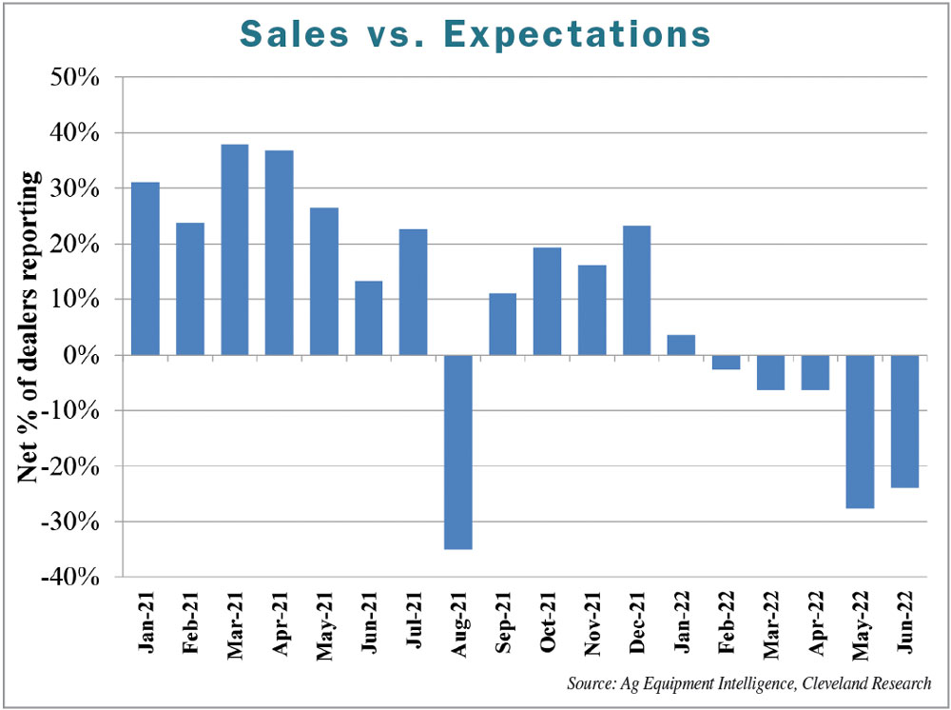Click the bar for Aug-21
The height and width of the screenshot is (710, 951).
tap(457, 452)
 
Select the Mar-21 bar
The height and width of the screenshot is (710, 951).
tap(234, 249)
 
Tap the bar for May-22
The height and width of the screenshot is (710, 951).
tap(860, 431)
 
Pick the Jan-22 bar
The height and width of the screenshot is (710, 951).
tap(681, 345)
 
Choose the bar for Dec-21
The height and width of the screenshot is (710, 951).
tap(636, 290)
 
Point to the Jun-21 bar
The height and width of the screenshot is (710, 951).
tap(368, 318)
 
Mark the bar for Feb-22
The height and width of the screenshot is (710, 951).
tap(726, 362)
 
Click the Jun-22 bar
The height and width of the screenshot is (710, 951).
tap(904, 421)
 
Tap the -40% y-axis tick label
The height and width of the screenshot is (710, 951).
tap(69, 577)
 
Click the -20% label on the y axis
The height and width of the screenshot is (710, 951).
tap(69, 466)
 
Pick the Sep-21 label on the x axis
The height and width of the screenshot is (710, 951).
tap(503, 623)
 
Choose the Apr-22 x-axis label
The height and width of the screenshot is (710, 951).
tap(815, 623)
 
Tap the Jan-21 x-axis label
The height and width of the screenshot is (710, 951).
tap(146, 623)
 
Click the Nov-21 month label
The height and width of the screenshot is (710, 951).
tap(592, 623)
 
